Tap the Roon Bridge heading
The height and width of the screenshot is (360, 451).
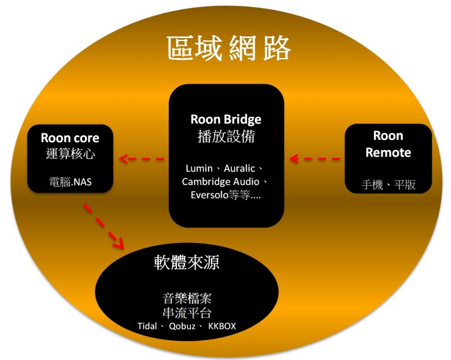[225, 119]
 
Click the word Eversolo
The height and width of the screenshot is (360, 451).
[212, 196]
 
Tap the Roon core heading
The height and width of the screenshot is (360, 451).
[70, 139]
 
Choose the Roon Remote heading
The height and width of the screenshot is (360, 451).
[388, 144]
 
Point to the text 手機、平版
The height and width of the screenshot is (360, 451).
[388, 185]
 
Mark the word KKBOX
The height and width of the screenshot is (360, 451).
[222, 325]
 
